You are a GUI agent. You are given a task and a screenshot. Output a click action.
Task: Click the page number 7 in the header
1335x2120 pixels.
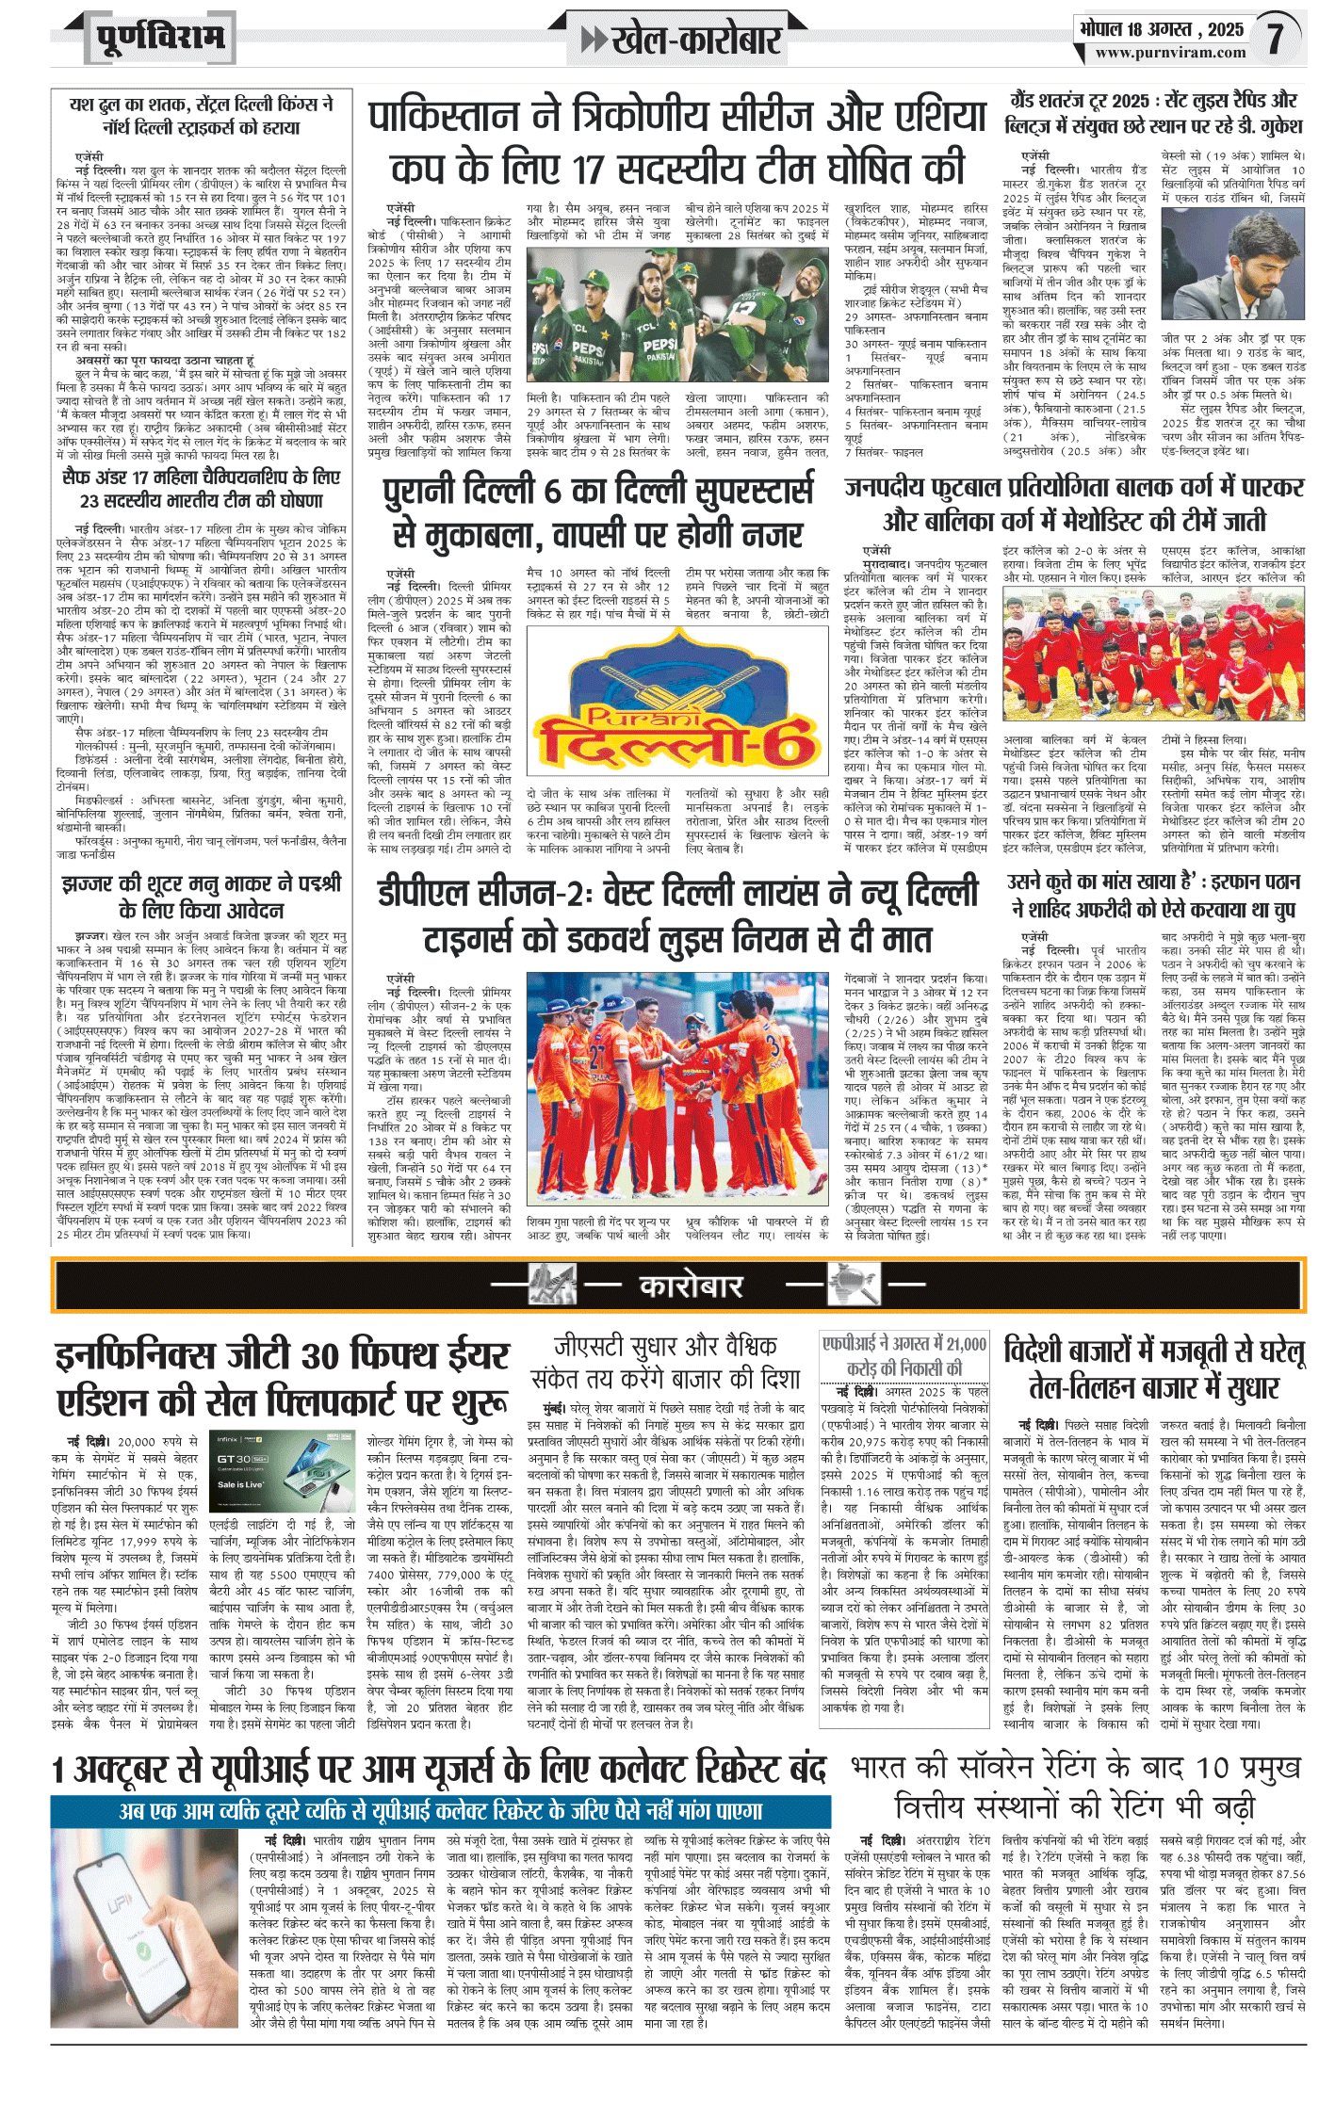(1274, 39)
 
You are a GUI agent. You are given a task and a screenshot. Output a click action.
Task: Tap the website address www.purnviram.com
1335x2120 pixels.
(1170, 54)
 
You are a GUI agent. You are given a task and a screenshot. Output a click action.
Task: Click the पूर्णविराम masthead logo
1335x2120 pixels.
(161, 38)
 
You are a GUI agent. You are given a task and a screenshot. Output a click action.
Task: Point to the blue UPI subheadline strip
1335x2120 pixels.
(441, 1811)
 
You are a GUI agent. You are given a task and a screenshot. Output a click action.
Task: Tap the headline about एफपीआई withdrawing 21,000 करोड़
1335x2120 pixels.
(904, 1355)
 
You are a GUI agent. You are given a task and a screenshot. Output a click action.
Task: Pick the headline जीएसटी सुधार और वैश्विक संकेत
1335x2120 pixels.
(665, 1362)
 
